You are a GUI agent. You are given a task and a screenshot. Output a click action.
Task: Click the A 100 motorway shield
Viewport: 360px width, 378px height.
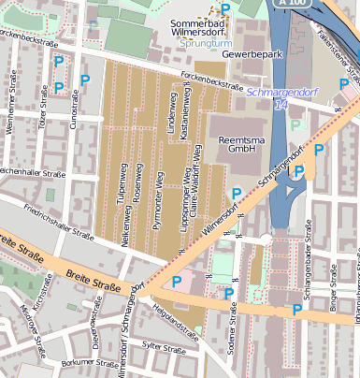click(x=293, y=5)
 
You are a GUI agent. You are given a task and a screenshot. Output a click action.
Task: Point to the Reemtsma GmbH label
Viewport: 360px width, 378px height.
click(x=230, y=143)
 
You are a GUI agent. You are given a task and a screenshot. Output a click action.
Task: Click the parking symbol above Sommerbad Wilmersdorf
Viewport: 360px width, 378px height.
click(x=225, y=8)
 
